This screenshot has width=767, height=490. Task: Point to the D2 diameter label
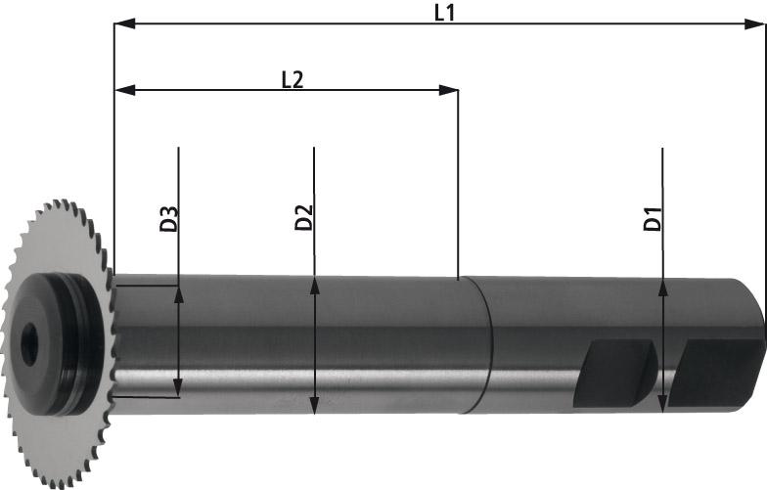pos(303,218)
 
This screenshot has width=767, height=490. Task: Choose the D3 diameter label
pos(168,218)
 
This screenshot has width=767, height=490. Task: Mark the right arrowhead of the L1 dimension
pos(758,24)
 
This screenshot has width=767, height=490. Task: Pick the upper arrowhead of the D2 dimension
pos(313,285)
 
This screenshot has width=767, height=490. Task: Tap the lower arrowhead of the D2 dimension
pos(313,407)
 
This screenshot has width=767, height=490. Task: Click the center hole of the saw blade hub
pos(31,341)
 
